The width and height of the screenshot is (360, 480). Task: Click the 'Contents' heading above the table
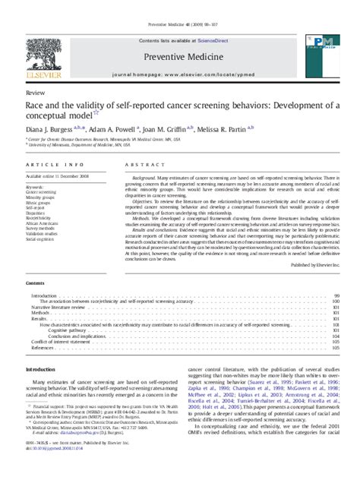coord(36,283)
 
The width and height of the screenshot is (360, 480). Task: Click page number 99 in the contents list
coord(336,295)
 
